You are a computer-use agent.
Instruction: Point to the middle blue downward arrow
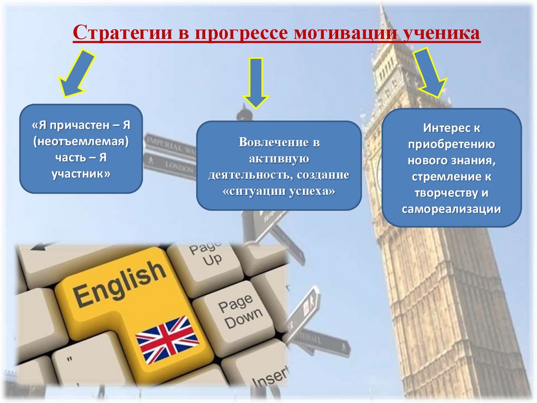(x=255, y=81)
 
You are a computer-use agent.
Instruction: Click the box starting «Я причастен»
(x=81, y=149)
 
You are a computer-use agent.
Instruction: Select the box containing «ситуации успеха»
(x=278, y=165)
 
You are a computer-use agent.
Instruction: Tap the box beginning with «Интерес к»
(x=452, y=168)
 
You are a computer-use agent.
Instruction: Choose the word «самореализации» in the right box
(x=452, y=209)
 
